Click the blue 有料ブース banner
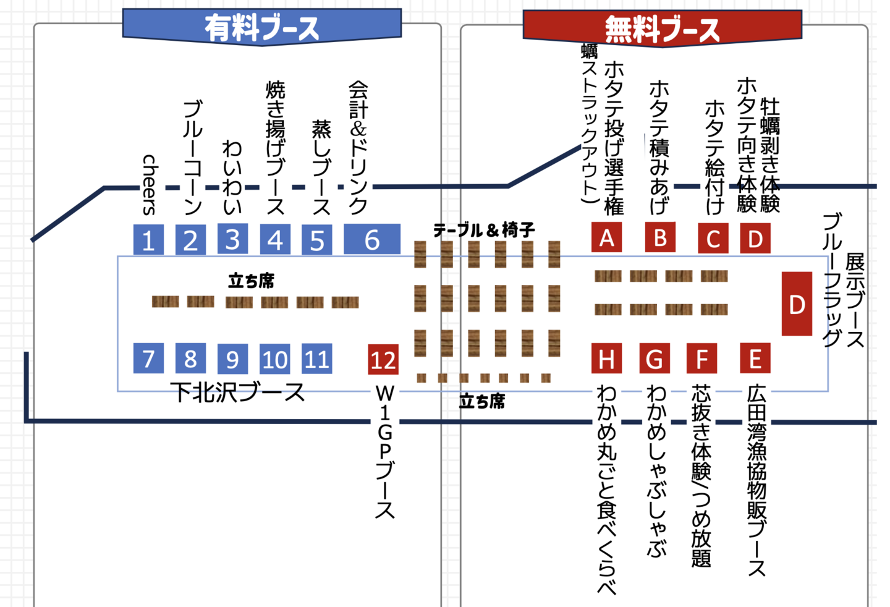[x=262, y=27]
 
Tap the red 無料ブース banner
[x=662, y=28]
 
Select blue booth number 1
[x=148, y=239]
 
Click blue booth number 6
[x=371, y=239]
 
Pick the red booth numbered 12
[x=383, y=359]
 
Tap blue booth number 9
[x=232, y=359]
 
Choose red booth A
[x=606, y=237]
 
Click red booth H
[x=606, y=359]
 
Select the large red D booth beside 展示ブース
[x=797, y=304]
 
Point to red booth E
[x=755, y=359]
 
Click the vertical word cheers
[x=150, y=184]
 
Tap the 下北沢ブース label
[x=238, y=392]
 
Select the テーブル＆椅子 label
[x=484, y=231]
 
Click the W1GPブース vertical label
[x=384, y=451]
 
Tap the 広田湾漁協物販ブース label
[x=756, y=481]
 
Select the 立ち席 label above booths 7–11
[x=251, y=281]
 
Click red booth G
[x=655, y=359]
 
